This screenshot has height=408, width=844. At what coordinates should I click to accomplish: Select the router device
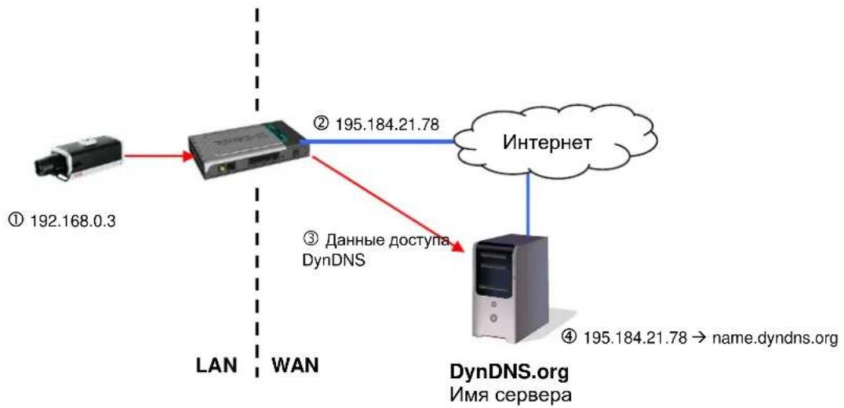[249, 148]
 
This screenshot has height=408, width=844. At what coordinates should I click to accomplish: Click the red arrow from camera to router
[158, 157]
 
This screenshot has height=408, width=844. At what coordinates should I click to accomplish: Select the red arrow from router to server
[387, 203]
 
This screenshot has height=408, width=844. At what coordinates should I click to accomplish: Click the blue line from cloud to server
[529, 207]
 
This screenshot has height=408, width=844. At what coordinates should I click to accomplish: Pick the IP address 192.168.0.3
[72, 220]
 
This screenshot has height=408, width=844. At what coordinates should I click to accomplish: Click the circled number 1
[16, 220]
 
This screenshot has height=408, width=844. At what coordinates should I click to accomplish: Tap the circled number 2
[321, 124]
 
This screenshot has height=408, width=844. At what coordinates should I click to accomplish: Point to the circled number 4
[569, 337]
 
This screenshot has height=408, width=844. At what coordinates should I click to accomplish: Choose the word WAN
[295, 366]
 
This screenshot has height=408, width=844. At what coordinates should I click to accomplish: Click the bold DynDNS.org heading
[509, 372]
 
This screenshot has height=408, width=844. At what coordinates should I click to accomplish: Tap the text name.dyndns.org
[774, 339]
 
